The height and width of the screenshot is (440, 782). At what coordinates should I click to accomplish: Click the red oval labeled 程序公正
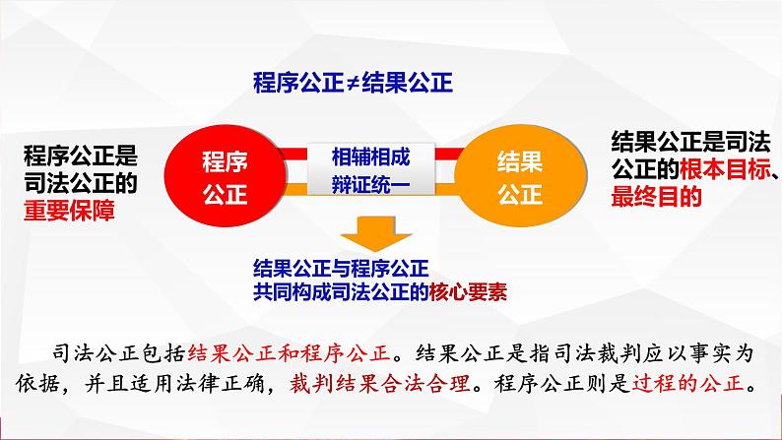tap(225, 175)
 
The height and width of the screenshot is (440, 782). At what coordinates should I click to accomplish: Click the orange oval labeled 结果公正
tap(520, 175)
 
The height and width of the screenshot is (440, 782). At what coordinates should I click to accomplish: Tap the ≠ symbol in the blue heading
tap(354, 84)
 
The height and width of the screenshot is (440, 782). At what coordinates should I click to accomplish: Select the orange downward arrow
tap(376, 233)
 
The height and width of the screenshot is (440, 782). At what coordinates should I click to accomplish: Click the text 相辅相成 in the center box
tap(370, 157)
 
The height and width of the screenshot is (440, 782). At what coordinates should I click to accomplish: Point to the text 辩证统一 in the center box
tap(370, 185)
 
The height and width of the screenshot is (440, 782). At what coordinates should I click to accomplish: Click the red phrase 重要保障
tap(69, 210)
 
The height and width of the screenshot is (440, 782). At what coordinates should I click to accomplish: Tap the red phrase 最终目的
tap(656, 196)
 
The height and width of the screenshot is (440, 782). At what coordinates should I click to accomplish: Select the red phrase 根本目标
tap(725, 169)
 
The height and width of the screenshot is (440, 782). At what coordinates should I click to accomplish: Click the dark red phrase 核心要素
tap(468, 292)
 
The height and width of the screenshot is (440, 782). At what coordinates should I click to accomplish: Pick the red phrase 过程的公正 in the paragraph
tap(688, 384)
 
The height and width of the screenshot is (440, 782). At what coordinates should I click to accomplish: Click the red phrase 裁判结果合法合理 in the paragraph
tap(380, 384)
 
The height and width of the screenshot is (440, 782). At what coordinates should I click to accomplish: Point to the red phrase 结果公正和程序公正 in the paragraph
tap(289, 353)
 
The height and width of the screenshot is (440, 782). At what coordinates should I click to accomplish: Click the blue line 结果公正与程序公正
tap(341, 269)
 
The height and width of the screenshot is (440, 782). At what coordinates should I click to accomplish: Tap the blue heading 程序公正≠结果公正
tap(354, 84)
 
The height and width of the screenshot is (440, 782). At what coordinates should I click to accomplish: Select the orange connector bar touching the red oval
tap(296, 189)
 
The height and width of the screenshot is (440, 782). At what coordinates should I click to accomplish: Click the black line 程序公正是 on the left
tap(81, 156)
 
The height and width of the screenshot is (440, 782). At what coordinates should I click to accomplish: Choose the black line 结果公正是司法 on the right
tap(690, 142)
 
